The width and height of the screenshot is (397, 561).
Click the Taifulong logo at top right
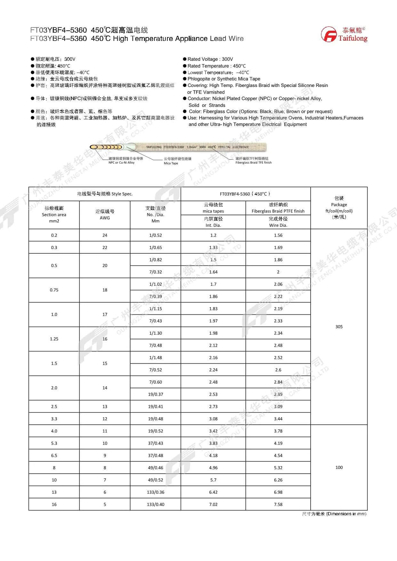click(x=344, y=35)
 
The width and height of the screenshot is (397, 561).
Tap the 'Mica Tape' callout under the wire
click(x=171, y=163)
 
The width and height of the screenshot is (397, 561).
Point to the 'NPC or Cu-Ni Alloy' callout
click(x=122, y=163)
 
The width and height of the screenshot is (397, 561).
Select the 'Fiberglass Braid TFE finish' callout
click(x=253, y=163)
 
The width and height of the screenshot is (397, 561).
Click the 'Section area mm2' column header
click(x=54, y=215)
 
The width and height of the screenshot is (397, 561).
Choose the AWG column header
click(x=105, y=215)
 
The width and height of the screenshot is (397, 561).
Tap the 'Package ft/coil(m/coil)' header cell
click(x=339, y=208)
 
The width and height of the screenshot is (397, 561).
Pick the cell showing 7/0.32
click(x=155, y=272)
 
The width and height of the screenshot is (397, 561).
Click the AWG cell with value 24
click(x=105, y=235)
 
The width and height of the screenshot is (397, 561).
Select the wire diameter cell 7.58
click(x=278, y=504)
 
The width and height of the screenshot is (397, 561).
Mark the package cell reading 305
click(x=339, y=327)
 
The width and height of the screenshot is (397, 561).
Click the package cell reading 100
click(x=339, y=467)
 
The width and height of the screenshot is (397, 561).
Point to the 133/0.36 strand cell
click(x=155, y=492)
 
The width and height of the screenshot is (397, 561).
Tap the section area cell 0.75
click(x=54, y=290)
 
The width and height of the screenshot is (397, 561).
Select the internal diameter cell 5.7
click(x=213, y=480)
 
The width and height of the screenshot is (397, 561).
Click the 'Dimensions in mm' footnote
click(x=334, y=514)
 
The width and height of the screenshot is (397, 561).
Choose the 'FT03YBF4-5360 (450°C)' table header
click(x=245, y=194)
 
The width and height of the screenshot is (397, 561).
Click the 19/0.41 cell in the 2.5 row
click(x=155, y=407)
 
